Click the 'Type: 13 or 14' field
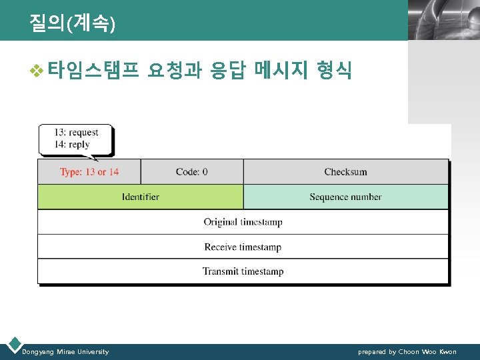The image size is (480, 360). (89, 172)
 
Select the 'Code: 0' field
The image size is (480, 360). (192, 172)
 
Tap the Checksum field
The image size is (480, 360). (345, 172)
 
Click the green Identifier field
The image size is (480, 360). (141, 197)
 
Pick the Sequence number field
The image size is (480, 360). (345, 197)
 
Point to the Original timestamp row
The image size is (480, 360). (243, 222)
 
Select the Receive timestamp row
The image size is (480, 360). (243, 247)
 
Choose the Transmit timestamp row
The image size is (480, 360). (243, 271)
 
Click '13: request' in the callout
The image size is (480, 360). (77, 133)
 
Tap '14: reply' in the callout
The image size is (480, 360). (72, 144)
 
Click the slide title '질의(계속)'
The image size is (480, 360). (72, 23)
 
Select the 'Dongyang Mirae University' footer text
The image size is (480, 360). (65, 351)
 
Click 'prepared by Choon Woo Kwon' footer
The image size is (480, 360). (407, 351)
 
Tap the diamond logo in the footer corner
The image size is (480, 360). (13, 345)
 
